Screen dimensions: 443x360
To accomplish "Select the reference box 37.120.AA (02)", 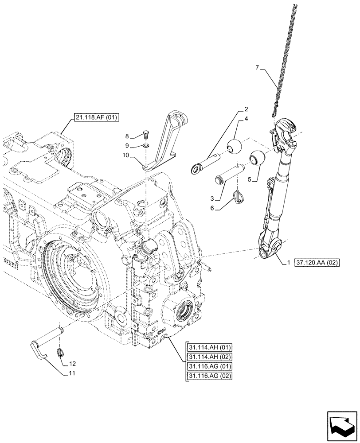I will point(315,263).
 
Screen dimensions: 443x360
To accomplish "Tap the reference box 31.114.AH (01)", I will point(206,347).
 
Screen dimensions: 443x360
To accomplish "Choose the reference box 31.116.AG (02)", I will point(206,376).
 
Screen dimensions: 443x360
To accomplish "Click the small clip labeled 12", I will point(61,353).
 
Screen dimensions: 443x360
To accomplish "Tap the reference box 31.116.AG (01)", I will point(206,366).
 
